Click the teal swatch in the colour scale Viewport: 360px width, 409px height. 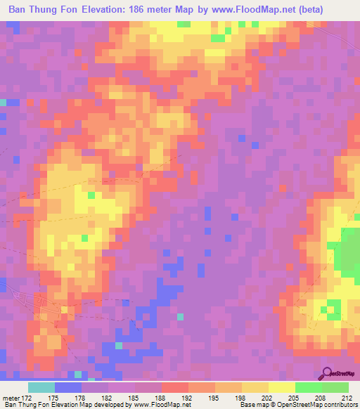coord(41,387)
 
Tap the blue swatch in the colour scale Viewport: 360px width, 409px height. coord(68,387)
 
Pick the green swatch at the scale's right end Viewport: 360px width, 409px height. coord(335,387)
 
